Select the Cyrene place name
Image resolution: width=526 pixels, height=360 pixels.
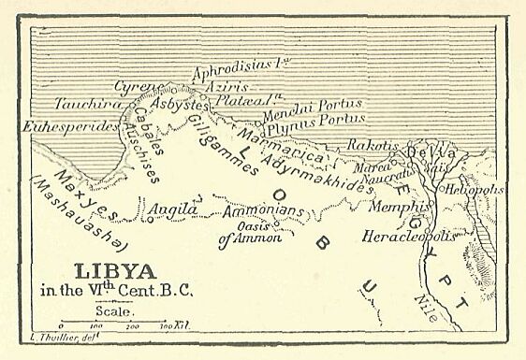pos(134,87)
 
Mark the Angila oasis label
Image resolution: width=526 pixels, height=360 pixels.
pos(173,209)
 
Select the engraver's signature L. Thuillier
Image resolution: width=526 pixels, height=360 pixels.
pos(46,334)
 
